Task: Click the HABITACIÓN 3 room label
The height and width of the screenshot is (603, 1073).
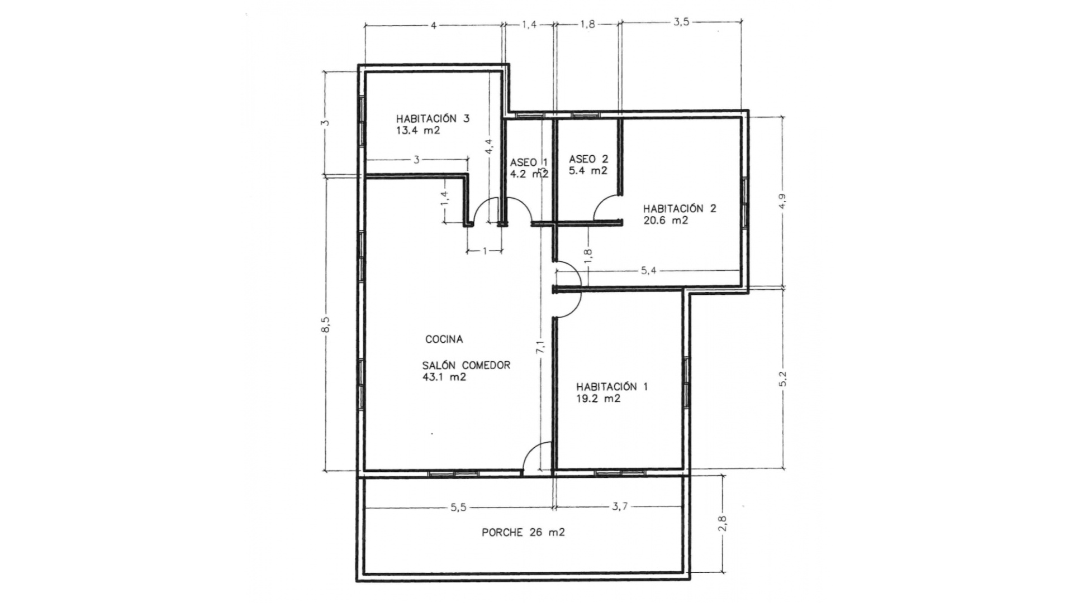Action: click(432, 118)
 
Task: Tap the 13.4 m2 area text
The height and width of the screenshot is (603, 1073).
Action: click(417, 131)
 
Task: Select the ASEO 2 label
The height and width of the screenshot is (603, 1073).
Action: click(588, 159)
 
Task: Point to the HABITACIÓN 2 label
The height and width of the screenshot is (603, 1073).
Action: click(679, 208)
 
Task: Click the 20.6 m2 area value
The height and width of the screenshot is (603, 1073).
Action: click(665, 221)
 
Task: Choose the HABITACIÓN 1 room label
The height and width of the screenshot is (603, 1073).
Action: click(611, 386)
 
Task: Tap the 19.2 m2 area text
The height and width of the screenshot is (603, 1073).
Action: click(598, 399)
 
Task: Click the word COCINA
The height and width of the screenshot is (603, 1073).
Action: click(444, 339)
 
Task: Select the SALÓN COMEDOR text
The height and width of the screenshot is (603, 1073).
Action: click(466, 365)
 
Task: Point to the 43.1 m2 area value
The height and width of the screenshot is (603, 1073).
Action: click(444, 377)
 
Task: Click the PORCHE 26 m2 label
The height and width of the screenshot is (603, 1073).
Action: click(523, 533)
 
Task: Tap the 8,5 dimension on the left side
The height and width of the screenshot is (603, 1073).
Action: click(326, 325)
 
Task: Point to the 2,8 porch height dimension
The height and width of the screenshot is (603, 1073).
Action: click(723, 523)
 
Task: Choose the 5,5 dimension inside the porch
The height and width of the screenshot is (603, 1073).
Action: click(458, 508)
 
